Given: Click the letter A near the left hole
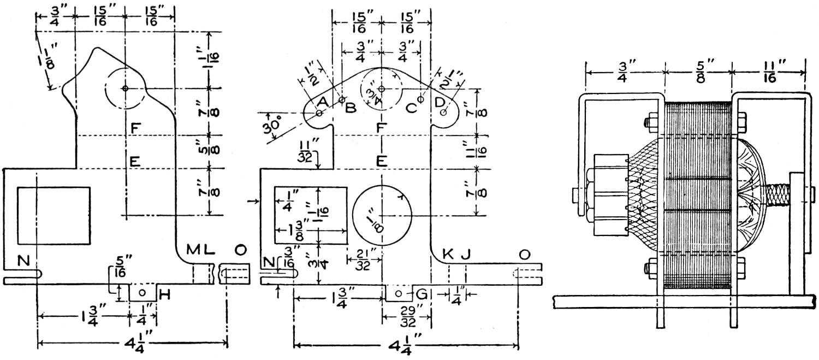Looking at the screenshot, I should point(322,102).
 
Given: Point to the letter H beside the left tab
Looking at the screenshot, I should point(163,295).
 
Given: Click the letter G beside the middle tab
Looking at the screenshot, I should point(421,295).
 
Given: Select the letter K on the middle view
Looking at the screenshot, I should point(448,253).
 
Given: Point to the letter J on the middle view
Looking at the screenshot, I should point(465,253).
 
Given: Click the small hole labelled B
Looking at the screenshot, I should point(342,101).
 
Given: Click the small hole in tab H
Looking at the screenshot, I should point(143,292).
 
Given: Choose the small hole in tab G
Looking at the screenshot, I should point(399,294).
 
